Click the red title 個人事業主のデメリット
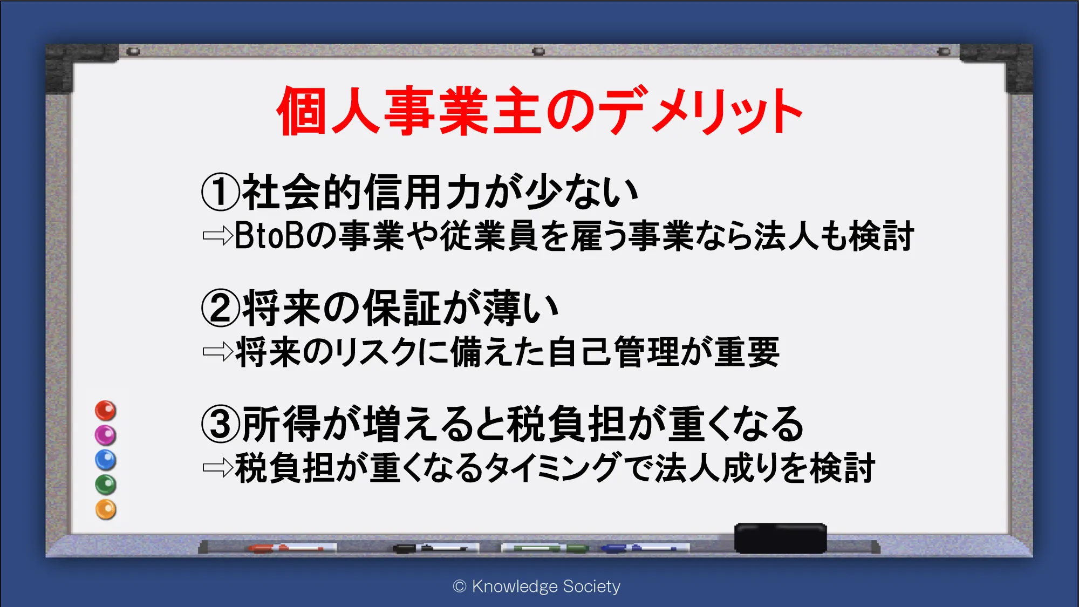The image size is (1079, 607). (x=539, y=111)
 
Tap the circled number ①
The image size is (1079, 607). (x=220, y=192)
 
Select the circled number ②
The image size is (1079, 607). (x=220, y=308)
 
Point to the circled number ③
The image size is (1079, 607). (x=220, y=424)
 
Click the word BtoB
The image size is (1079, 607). (x=270, y=236)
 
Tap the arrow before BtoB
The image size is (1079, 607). (x=217, y=236)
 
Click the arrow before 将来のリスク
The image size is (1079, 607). (x=217, y=352)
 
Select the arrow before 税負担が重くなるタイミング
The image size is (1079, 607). (x=217, y=468)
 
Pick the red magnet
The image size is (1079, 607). (x=106, y=411)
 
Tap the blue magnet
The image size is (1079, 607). (x=106, y=460)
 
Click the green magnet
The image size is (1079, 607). (x=106, y=485)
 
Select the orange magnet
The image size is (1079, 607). (x=106, y=510)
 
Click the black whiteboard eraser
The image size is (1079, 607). (x=781, y=538)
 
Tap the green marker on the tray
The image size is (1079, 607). (x=545, y=548)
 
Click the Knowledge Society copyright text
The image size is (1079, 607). (x=537, y=586)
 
